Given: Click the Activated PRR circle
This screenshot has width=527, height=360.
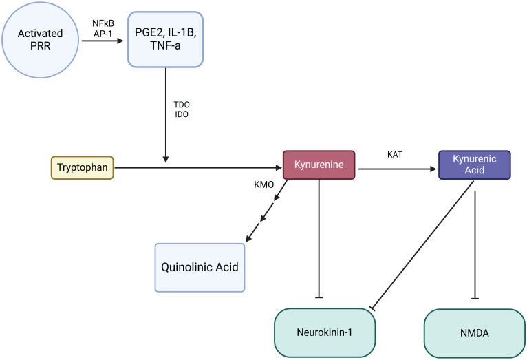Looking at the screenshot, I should (39, 41).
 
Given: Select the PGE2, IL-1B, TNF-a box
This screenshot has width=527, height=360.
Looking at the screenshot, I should (165, 41).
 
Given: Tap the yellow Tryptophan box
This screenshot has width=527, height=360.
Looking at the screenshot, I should (82, 167).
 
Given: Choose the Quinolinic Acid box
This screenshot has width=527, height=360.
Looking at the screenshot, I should (199, 266).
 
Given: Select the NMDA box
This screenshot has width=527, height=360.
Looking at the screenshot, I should (474, 333).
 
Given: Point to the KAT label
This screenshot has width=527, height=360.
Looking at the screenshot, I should (395, 156).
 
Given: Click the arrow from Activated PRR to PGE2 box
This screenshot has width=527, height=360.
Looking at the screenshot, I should (103, 41).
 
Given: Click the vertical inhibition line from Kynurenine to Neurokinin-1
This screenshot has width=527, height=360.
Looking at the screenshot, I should (319, 241).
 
